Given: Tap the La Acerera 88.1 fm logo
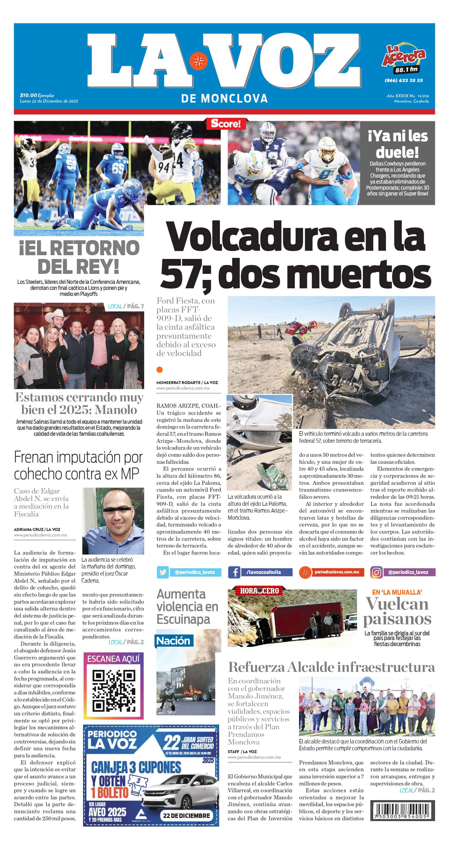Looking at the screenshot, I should (404, 59).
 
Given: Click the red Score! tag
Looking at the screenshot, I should (225, 124).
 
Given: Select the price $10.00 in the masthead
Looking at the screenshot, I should (28, 95).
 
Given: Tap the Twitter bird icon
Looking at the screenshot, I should (163, 572).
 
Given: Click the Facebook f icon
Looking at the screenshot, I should (234, 572).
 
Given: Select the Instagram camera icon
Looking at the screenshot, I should (376, 572).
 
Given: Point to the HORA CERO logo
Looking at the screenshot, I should (259, 590).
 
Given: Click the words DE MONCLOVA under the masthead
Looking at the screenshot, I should (224, 98).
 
